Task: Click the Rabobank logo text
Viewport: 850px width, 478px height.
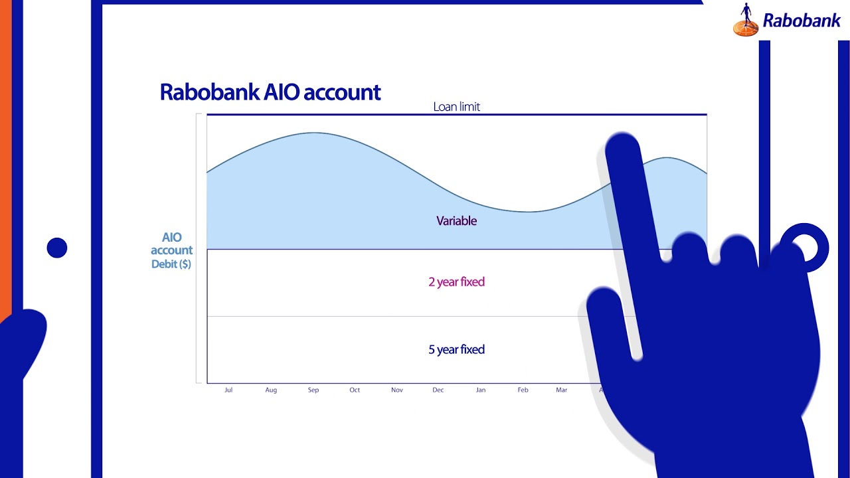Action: pyautogui.click(x=802, y=21)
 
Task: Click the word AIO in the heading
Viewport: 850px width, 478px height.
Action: pyautogui.click(x=283, y=92)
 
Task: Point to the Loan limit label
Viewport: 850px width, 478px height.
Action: pyautogui.click(x=456, y=106)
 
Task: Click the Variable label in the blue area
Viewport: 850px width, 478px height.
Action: pyautogui.click(x=456, y=221)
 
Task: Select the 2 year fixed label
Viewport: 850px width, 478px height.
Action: pyautogui.click(x=456, y=282)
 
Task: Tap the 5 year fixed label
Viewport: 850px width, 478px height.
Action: pyautogui.click(x=456, y=350)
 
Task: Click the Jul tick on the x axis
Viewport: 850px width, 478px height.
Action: pyautogui.click(x=228, y=390)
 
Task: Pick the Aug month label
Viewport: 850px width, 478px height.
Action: pyautogui.click(x=271, y=390)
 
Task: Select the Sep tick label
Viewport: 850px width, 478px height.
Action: pyautogui.click(x=313, y=390)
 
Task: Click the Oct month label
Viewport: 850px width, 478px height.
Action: pyautogui.click(x=355, y=390)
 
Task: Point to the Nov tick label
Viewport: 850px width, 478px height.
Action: pyautogui.click(x=397, y=390)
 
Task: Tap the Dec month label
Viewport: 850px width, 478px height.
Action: pyautogui.click(x=438, y=390)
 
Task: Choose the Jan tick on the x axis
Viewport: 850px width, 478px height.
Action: pyautogui.click(x=481, y=390)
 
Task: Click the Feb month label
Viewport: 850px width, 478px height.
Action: pyautogui.click(x=523, y=390)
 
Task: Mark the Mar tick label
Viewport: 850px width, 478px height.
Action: pyautogui.click(x=562, y=390)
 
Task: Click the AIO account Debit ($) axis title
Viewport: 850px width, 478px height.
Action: pyautogui.click(x=171, y=250)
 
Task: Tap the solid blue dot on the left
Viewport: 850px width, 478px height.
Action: pyautogui.click(x=57, y=248)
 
